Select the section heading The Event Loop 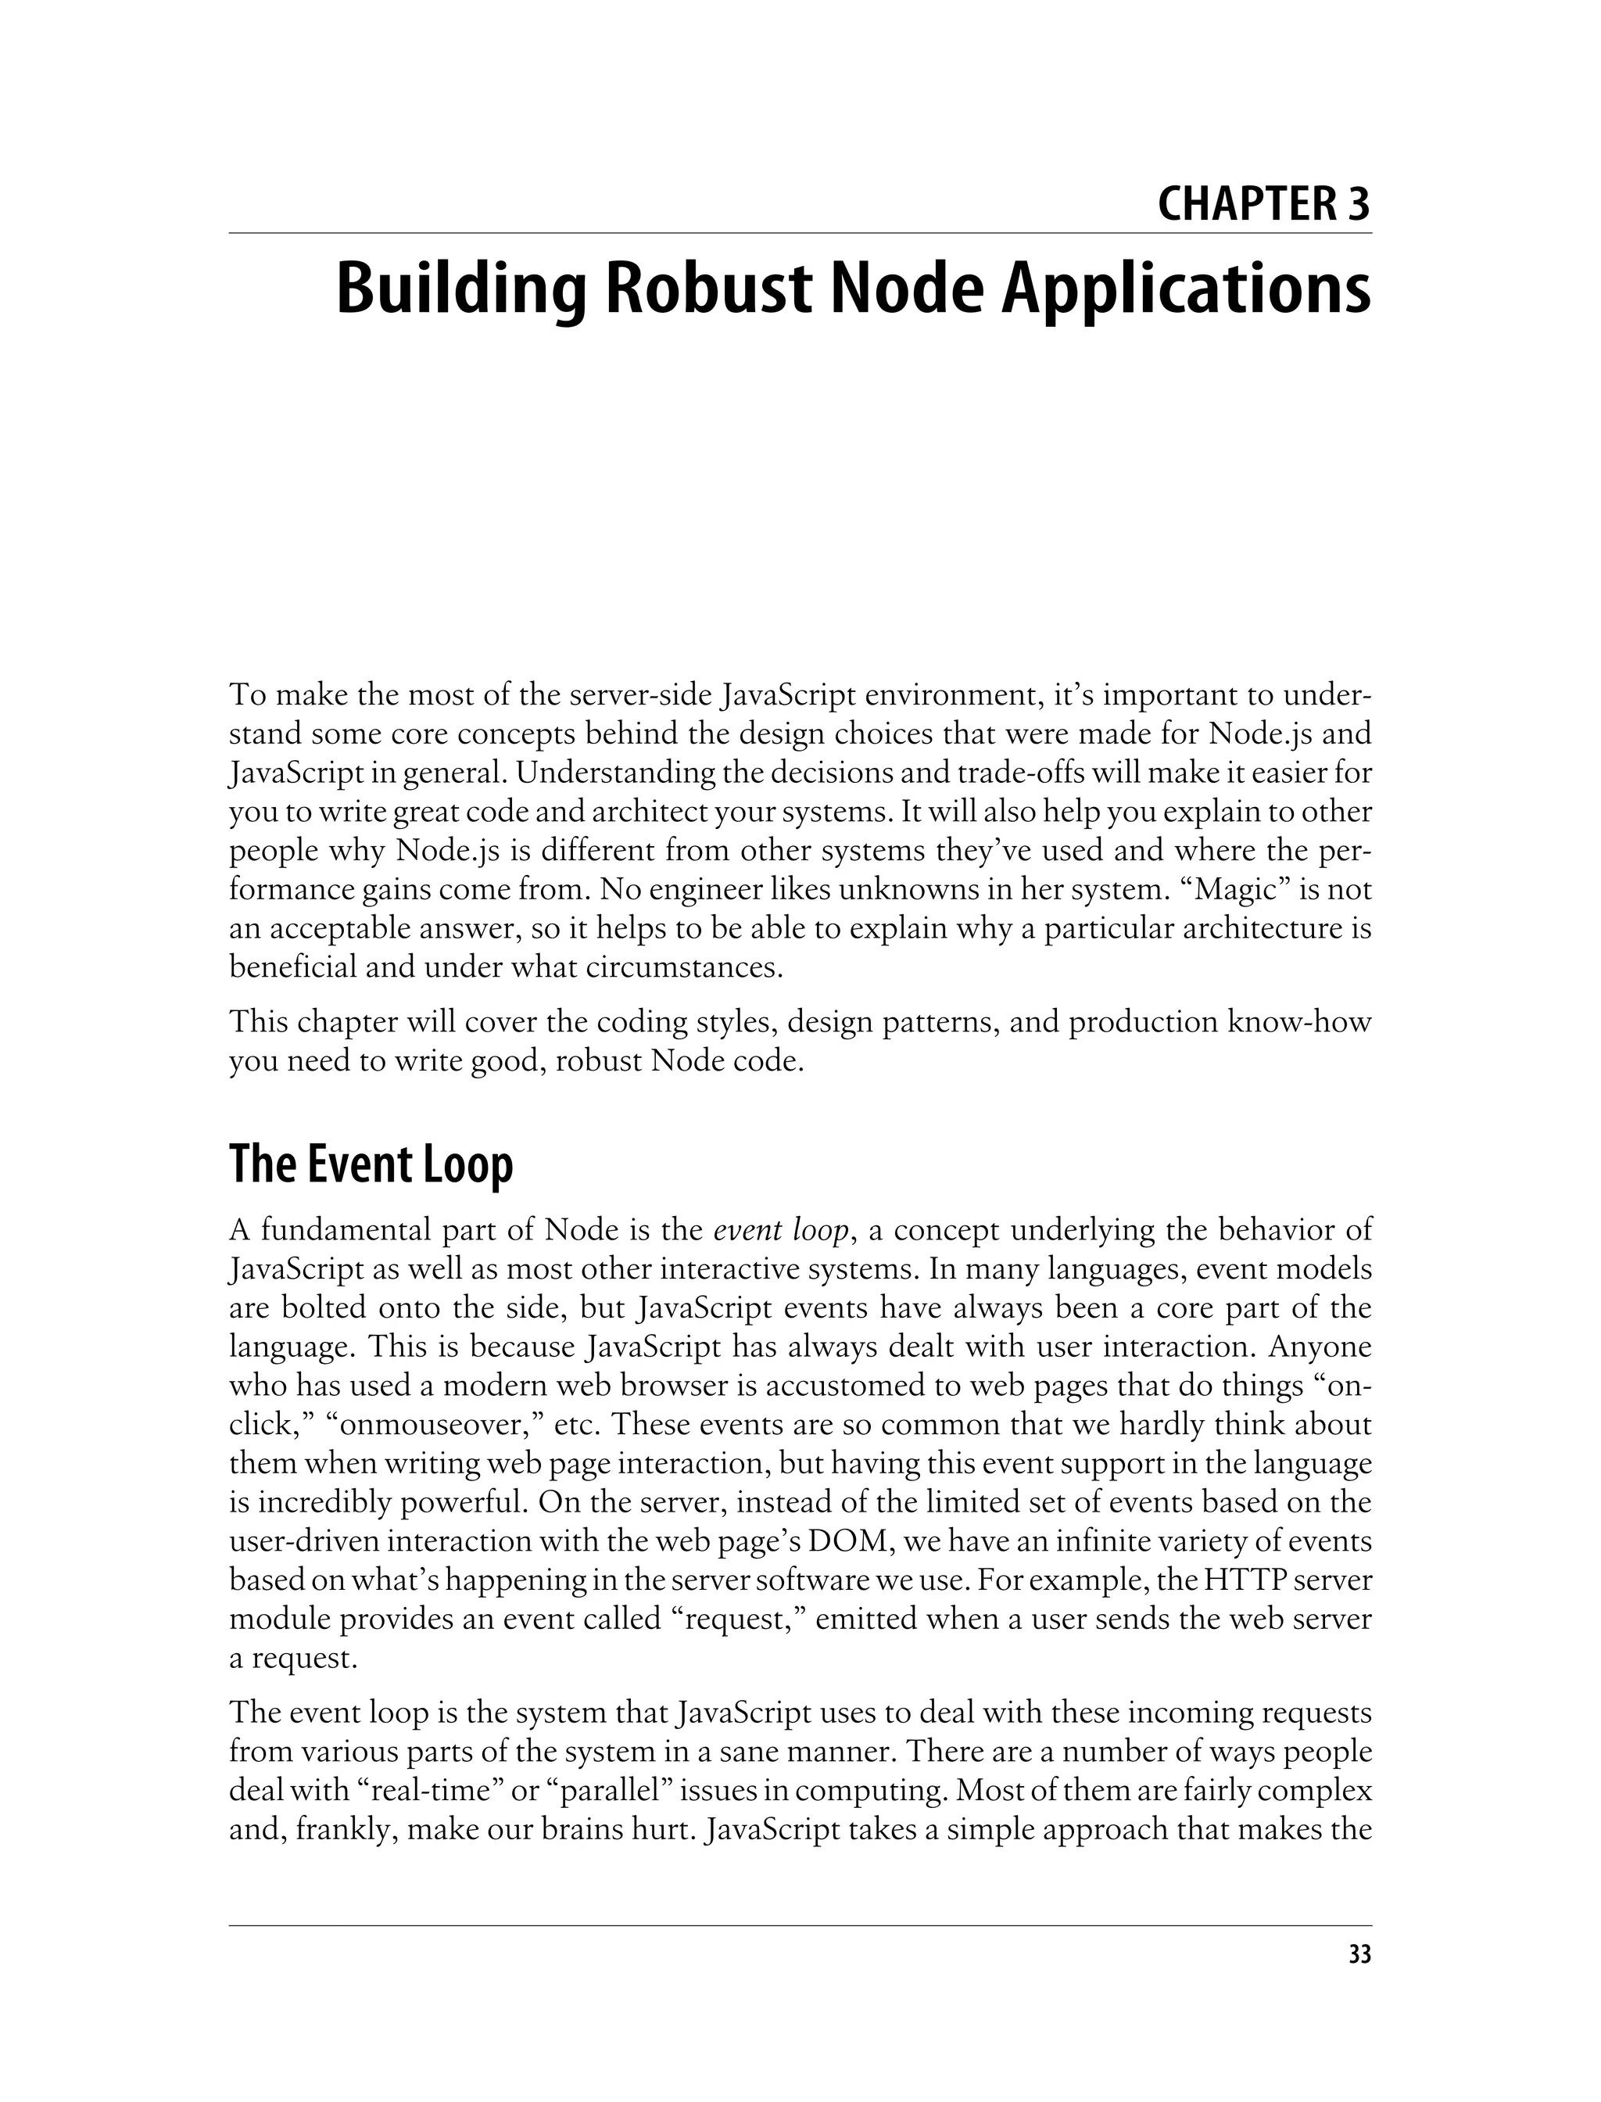tap(371, 1164)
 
